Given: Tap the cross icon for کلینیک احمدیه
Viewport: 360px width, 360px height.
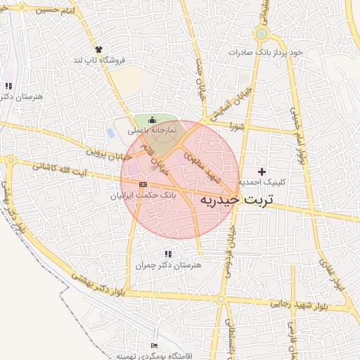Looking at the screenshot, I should [x=262, y=172].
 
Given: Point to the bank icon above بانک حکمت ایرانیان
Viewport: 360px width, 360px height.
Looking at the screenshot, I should [x=143, y=184].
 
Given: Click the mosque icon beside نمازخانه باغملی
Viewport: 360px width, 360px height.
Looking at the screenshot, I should [x=153, y=121].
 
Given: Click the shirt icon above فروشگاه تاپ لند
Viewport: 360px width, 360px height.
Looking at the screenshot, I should [x=98, y=49].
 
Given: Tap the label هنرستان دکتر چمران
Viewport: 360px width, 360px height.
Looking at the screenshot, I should [x=167, y=265].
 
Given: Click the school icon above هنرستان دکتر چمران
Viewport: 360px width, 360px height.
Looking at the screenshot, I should [x=167, y=254].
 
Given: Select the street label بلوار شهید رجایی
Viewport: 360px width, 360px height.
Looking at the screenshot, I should [x=300, y=304].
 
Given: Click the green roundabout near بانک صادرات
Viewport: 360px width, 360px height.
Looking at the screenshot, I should [x=262, y=33].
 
